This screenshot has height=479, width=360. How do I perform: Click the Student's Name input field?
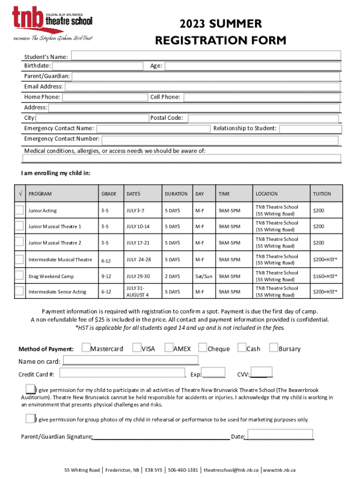point(206,56)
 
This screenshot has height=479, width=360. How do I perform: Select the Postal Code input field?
point(263,118)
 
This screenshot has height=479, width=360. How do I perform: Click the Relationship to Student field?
point(309,129)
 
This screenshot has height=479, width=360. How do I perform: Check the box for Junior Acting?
point(19,210)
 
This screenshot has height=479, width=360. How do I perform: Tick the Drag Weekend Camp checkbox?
point(19,276)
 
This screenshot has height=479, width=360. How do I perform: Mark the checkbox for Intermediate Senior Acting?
point(19,291)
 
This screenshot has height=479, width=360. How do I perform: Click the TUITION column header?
point(322,194)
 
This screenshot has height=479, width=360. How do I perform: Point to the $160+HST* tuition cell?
point(324,276)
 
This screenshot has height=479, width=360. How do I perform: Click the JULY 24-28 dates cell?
point(138,259)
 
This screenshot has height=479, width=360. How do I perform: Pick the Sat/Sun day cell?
point(203,276)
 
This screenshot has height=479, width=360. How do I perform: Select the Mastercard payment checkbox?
point(86,348)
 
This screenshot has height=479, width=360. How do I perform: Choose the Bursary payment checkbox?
point(273,348)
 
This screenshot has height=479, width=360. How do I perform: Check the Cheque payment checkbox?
point(202,348)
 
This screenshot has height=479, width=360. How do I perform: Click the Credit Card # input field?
point(122,373)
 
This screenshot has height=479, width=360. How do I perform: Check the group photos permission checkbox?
point(30,418)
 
